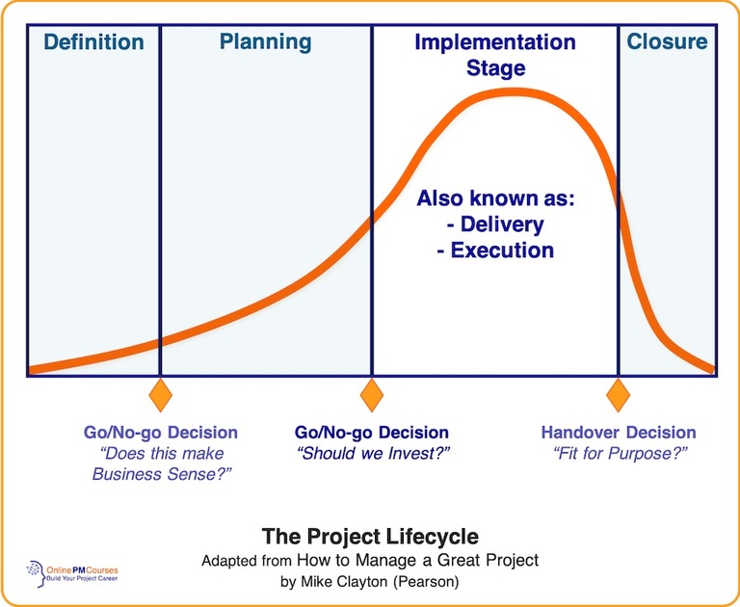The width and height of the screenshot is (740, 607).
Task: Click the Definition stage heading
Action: (x=93, y=42)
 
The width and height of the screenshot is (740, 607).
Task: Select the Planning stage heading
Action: (x=265, y=41)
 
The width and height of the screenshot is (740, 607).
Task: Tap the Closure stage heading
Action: (x=667, y=41)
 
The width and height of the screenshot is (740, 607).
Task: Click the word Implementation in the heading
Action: (x=494, y=42)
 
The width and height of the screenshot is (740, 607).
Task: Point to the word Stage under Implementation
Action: (x=495, y=68)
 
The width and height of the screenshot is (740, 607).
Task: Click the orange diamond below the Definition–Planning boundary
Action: (x=160, y=395)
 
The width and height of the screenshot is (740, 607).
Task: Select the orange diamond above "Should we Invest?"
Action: (x=371, y=395)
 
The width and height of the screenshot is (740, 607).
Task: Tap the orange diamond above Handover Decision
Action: (x=618, y=395)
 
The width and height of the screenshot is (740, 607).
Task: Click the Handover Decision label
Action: (x=618, y=433)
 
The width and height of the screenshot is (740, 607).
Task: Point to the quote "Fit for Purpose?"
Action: (x=618, y=454)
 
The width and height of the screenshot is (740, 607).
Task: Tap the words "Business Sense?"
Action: (x=161, y=474)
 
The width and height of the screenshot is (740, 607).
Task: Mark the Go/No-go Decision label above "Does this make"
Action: (x=161, y=433)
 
